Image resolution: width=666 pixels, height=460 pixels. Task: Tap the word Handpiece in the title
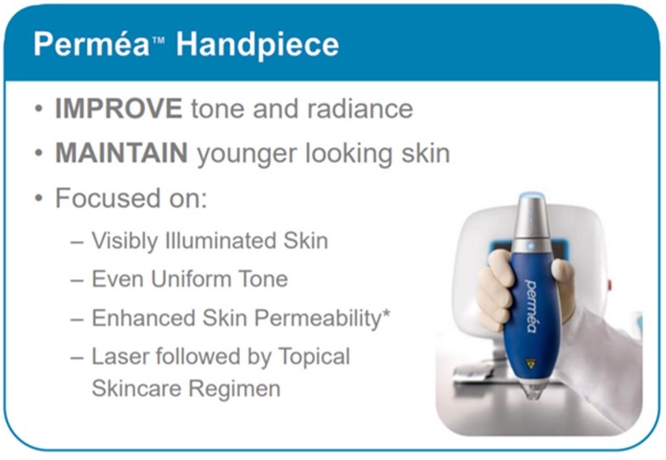(x=258, y=44)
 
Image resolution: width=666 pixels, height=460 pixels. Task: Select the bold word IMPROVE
(x=119, y=108)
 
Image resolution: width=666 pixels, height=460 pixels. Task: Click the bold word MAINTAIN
(x=121, y=152)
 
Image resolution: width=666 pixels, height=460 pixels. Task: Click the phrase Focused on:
(x=130, y=197)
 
